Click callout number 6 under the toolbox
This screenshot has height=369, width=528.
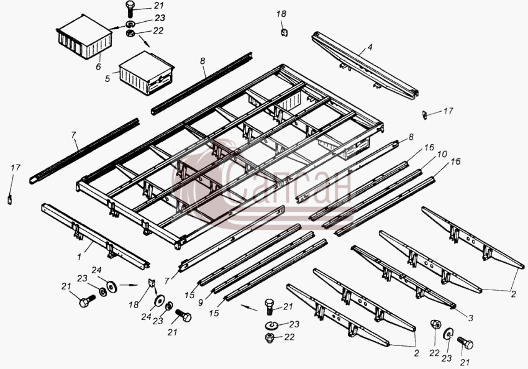click(x=98, y=66)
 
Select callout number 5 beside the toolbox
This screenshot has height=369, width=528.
click(x=107, y=79)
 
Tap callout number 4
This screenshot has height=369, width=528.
click(x=370, y=47)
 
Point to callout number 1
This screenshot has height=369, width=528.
click(x=79, y=257)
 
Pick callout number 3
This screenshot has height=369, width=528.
click(x=470, y=318)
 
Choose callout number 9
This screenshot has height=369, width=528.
click(x=201, y=303)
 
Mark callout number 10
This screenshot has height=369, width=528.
click(x=442, y=154)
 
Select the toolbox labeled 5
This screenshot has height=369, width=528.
click(x=147, y=73)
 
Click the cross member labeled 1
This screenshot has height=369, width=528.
click(x=95, y=236)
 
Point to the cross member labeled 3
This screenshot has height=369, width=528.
click(x=403, y=276)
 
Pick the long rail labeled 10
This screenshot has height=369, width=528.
click(x=372, y=199)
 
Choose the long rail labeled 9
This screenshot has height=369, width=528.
click(x=263, y=262)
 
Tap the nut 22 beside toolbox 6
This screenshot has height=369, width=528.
click(x=130, y=34)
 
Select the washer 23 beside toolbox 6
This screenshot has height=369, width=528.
click(x=130, y=24)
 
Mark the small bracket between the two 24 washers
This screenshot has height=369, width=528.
click(x=152, y=283)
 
